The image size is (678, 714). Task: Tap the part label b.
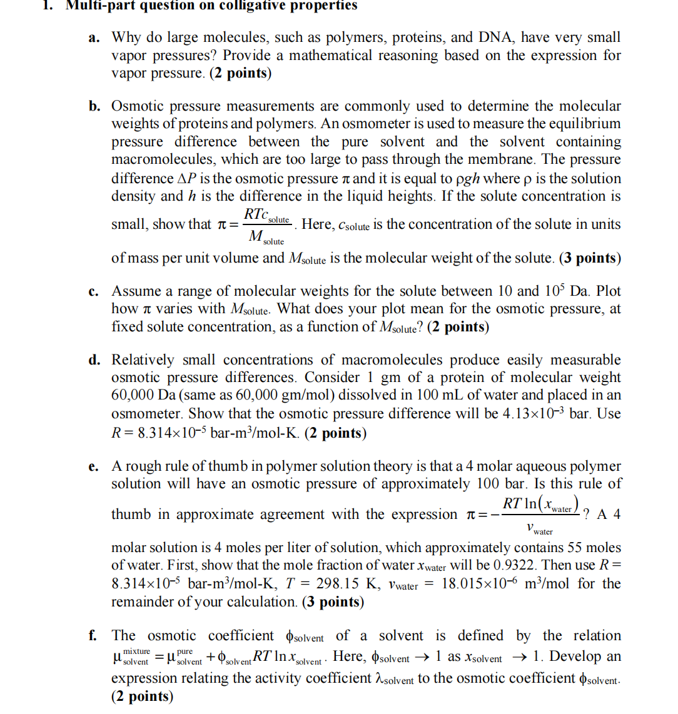(x=94, y=106)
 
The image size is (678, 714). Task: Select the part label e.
(x=94, y=466)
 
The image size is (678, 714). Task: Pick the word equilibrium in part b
(x=582, y=124)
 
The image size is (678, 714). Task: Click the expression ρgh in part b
(x=467, y=179)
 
